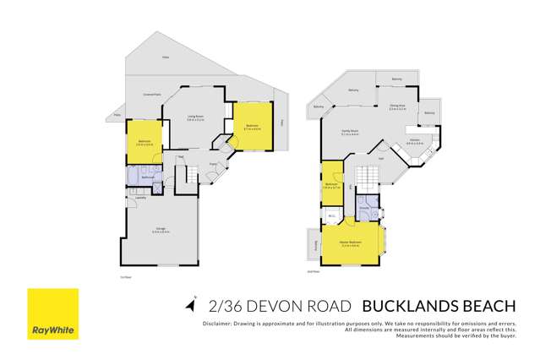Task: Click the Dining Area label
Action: [397, 107]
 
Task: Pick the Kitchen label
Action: [415, 141]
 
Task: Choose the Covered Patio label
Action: [153, 95]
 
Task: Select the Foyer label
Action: [213, 164]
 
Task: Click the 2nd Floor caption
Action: [312, 272]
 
